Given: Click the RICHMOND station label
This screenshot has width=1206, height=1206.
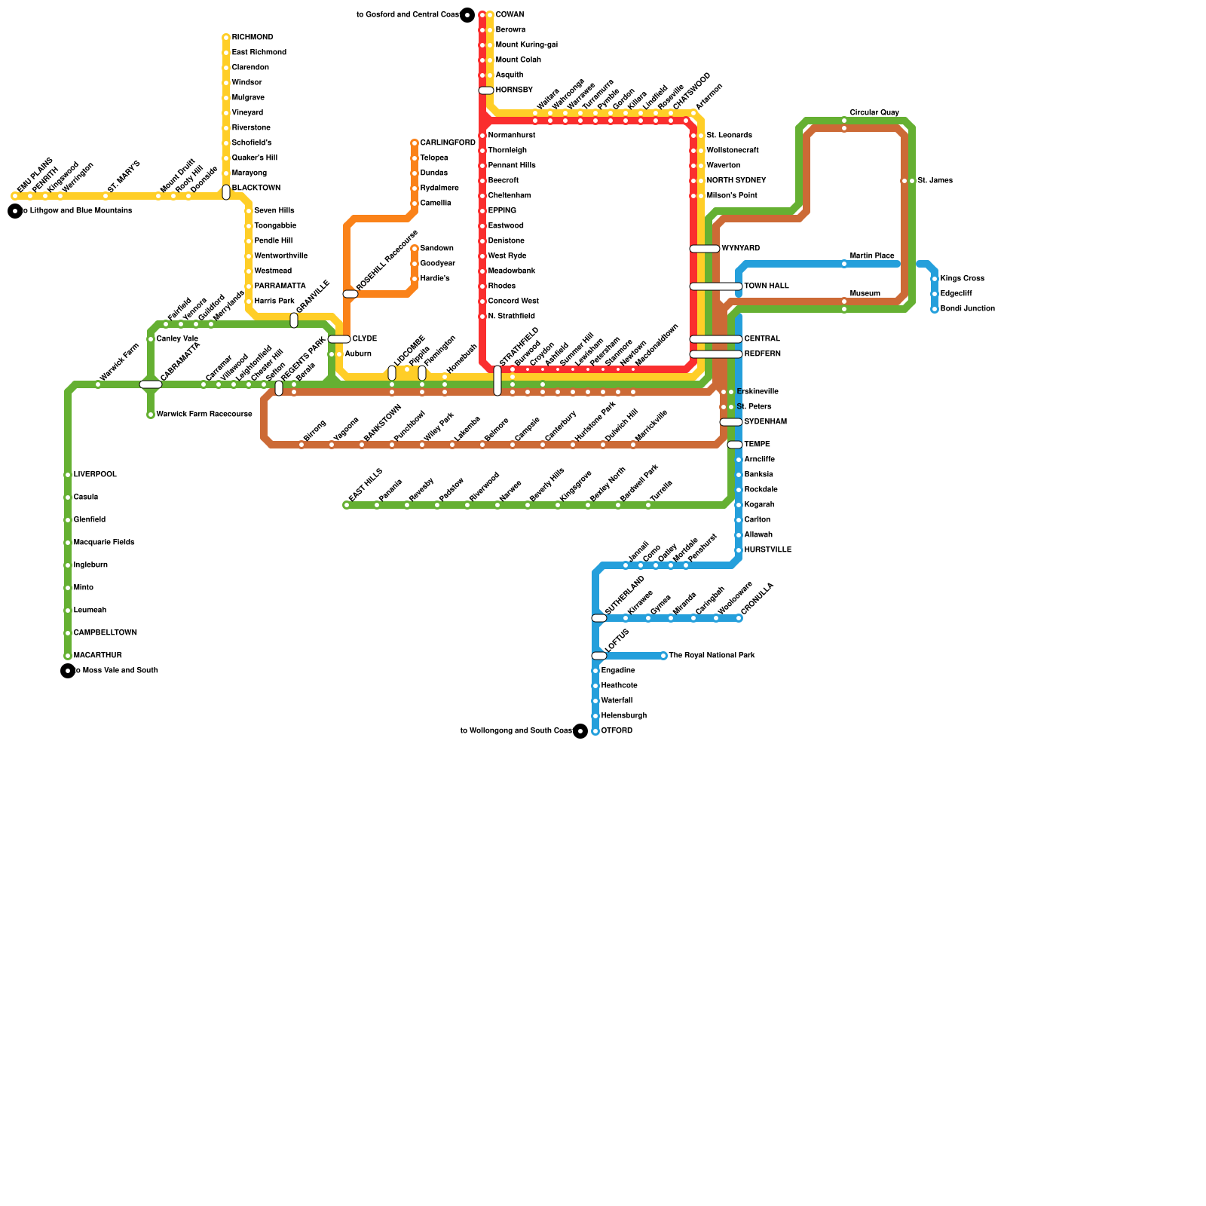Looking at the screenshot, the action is tap(253, 38).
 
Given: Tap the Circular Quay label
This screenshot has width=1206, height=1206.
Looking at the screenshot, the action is tap(874, 113).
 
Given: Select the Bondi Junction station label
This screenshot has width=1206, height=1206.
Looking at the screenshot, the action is tap(967, 309).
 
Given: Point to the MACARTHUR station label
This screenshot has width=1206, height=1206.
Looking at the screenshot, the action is tap(97, 656).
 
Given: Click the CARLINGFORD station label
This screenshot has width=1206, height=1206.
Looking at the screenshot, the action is tap(448, 143).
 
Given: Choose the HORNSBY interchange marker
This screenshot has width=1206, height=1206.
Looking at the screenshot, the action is tap(486, 90).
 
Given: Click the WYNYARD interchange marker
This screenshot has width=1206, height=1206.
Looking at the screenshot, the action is tap(705, 249).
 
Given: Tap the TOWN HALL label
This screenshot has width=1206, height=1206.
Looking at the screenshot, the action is tap(766, 286).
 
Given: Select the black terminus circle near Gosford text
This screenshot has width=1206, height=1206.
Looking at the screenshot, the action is tap(467, 15).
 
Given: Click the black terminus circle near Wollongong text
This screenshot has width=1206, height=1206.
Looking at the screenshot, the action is tap(580, 731).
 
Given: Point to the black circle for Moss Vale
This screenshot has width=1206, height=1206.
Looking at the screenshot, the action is tap(68, 671).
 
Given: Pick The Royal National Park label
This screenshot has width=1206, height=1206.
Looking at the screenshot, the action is tap(712, 656).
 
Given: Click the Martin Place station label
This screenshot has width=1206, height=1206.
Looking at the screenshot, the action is tap(872, 256).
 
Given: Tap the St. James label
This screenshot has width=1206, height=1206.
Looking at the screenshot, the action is tap(935, 181).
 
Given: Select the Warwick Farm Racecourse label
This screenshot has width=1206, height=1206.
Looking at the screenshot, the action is tap(204, 415).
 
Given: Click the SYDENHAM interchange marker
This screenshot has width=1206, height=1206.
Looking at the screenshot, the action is tap(731, 422).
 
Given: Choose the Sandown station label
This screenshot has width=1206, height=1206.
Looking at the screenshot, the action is tap(436, 249).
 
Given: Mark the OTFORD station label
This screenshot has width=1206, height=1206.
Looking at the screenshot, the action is tap(617, 731).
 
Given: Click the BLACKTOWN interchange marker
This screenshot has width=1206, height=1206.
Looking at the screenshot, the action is tap(226, 192).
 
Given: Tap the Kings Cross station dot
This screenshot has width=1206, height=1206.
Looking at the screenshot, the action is tap(935, 279).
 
